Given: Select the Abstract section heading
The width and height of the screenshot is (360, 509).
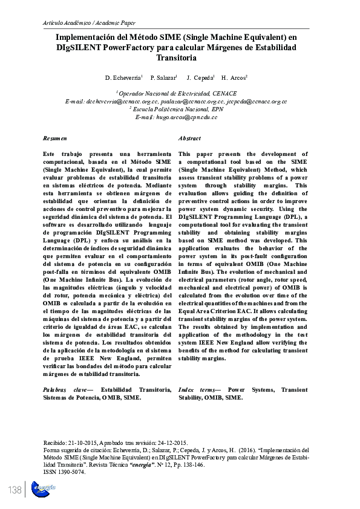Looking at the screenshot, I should click(189, 139).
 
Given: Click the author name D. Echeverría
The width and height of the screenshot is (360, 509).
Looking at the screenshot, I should click(123, 79).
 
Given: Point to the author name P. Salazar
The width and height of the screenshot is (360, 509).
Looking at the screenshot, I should click(163, 79).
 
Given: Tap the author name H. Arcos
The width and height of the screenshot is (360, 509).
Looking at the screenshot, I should click(234, 79).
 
